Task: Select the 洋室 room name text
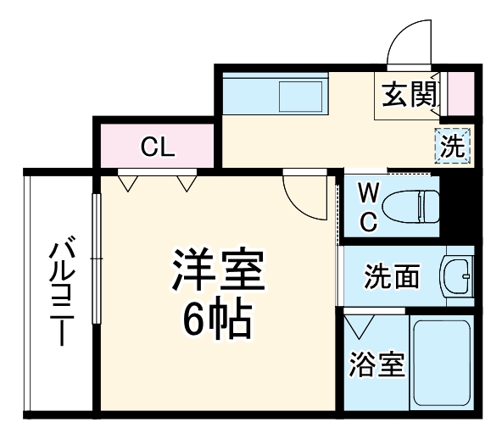pyautogui.click(x=220, y=270)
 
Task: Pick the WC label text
pyautogui.click(x=366, y=207)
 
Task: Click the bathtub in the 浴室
pyautogui.click(x=441, y=364)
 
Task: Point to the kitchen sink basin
pyautogui.click(x=302, y=96)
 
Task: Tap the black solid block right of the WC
pyautogui.click(x=459, y=204)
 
